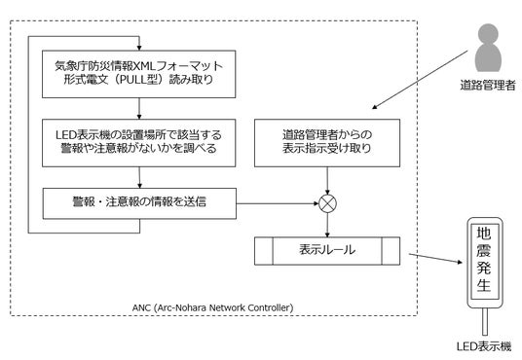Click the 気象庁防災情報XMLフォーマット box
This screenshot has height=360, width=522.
click(139, 74)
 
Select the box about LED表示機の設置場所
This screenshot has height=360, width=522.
click(139, 143)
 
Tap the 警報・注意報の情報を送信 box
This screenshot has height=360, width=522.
click(139, 203)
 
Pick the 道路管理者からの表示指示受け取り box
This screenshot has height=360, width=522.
click(327, 143)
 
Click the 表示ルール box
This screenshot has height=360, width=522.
click(327, 251)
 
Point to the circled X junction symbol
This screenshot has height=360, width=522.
click(327, 203)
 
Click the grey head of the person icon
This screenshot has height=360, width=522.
click(488, 34)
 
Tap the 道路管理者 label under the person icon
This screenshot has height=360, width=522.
click(488, 86)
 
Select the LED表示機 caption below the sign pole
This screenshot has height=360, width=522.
click(484, 346)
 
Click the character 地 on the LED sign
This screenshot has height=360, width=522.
click(484, 234)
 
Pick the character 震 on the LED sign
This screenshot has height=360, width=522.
click(484, 250)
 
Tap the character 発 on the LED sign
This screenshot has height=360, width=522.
click(484, 268)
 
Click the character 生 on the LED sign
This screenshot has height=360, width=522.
click(484, 285)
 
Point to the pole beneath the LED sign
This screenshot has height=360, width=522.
click(485, 321)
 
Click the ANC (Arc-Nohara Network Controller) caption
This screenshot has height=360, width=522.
click(212, 307)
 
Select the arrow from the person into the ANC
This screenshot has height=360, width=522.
click(420, 80)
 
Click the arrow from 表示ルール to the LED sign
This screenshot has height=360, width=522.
click(435, 258)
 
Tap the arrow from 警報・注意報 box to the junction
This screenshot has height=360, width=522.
click(278, 203)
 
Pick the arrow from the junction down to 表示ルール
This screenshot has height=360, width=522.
click(327, 225)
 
